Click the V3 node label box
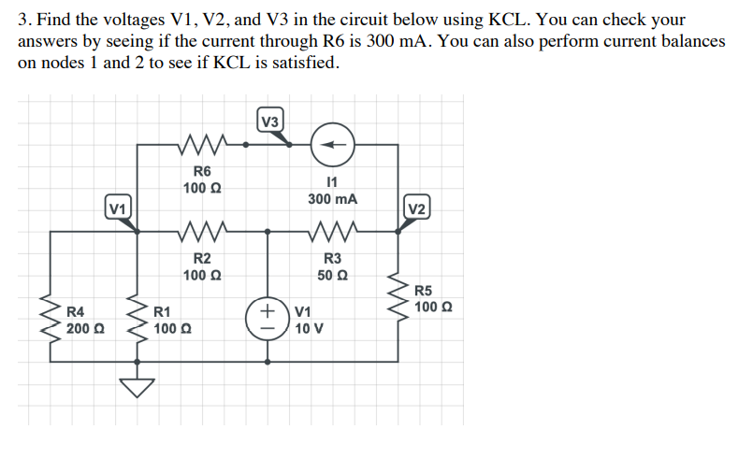[x=269, y=122]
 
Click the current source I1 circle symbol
[x=333, y=145]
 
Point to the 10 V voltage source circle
[x=268, y=318]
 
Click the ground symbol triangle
[x=138, y=384]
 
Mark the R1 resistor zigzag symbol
[x=138, y=318]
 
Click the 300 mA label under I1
[x=332, y=199]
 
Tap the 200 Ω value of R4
[x=85, y=328]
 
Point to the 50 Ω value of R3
[x=333, y=275]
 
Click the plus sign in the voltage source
[x=268, y=308]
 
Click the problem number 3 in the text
[x=23, y=20]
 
